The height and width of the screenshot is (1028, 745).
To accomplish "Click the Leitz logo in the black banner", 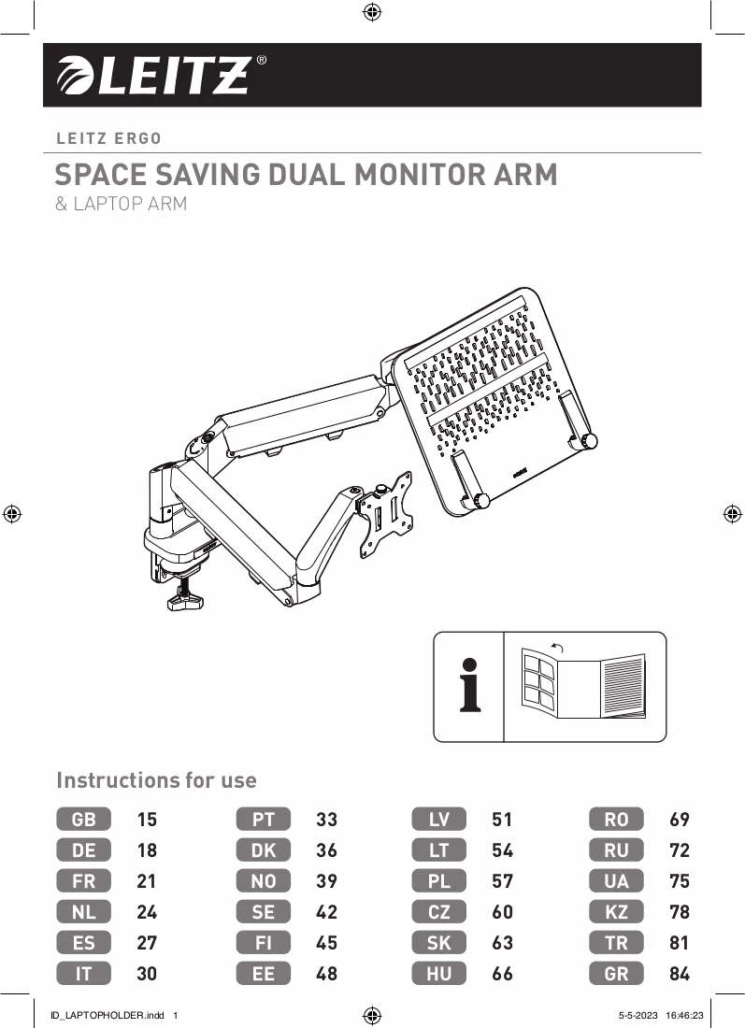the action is (x=162, y=76).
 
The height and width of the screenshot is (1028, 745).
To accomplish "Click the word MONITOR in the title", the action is (x=419, y=175).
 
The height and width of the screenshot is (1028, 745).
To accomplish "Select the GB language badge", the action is (x=83, y=819).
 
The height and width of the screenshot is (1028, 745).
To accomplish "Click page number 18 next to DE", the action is (x=147, y=850).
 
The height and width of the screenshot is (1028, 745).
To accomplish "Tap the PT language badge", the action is (x=263, y=819).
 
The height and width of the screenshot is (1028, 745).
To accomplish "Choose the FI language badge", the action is (x=263, y=943).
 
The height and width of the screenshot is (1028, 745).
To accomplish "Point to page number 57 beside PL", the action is (x=502, y=881).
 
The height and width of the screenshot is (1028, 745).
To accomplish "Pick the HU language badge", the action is (x=438, y=974).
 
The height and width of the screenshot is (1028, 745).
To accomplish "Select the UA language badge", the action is (x=616, y=881).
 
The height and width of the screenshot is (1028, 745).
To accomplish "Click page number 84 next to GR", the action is (x=680, y=974).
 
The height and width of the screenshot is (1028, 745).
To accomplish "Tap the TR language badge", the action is (x=616, y=943).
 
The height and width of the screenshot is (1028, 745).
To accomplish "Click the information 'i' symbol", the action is (x=469, y=685).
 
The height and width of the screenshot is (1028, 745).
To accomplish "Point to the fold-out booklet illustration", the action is (x=583, y=684).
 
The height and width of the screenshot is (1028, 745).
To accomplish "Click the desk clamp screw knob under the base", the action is (x=186, y=597).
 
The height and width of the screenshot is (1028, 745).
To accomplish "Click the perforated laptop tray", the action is (x=497, y=401).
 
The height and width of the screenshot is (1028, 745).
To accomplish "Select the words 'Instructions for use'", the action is (x=156, y=780).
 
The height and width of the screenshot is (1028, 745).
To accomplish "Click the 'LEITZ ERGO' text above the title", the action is (x=108, y=139).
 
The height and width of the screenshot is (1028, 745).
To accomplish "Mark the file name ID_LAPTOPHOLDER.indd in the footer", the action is (x=107, y=1015).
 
